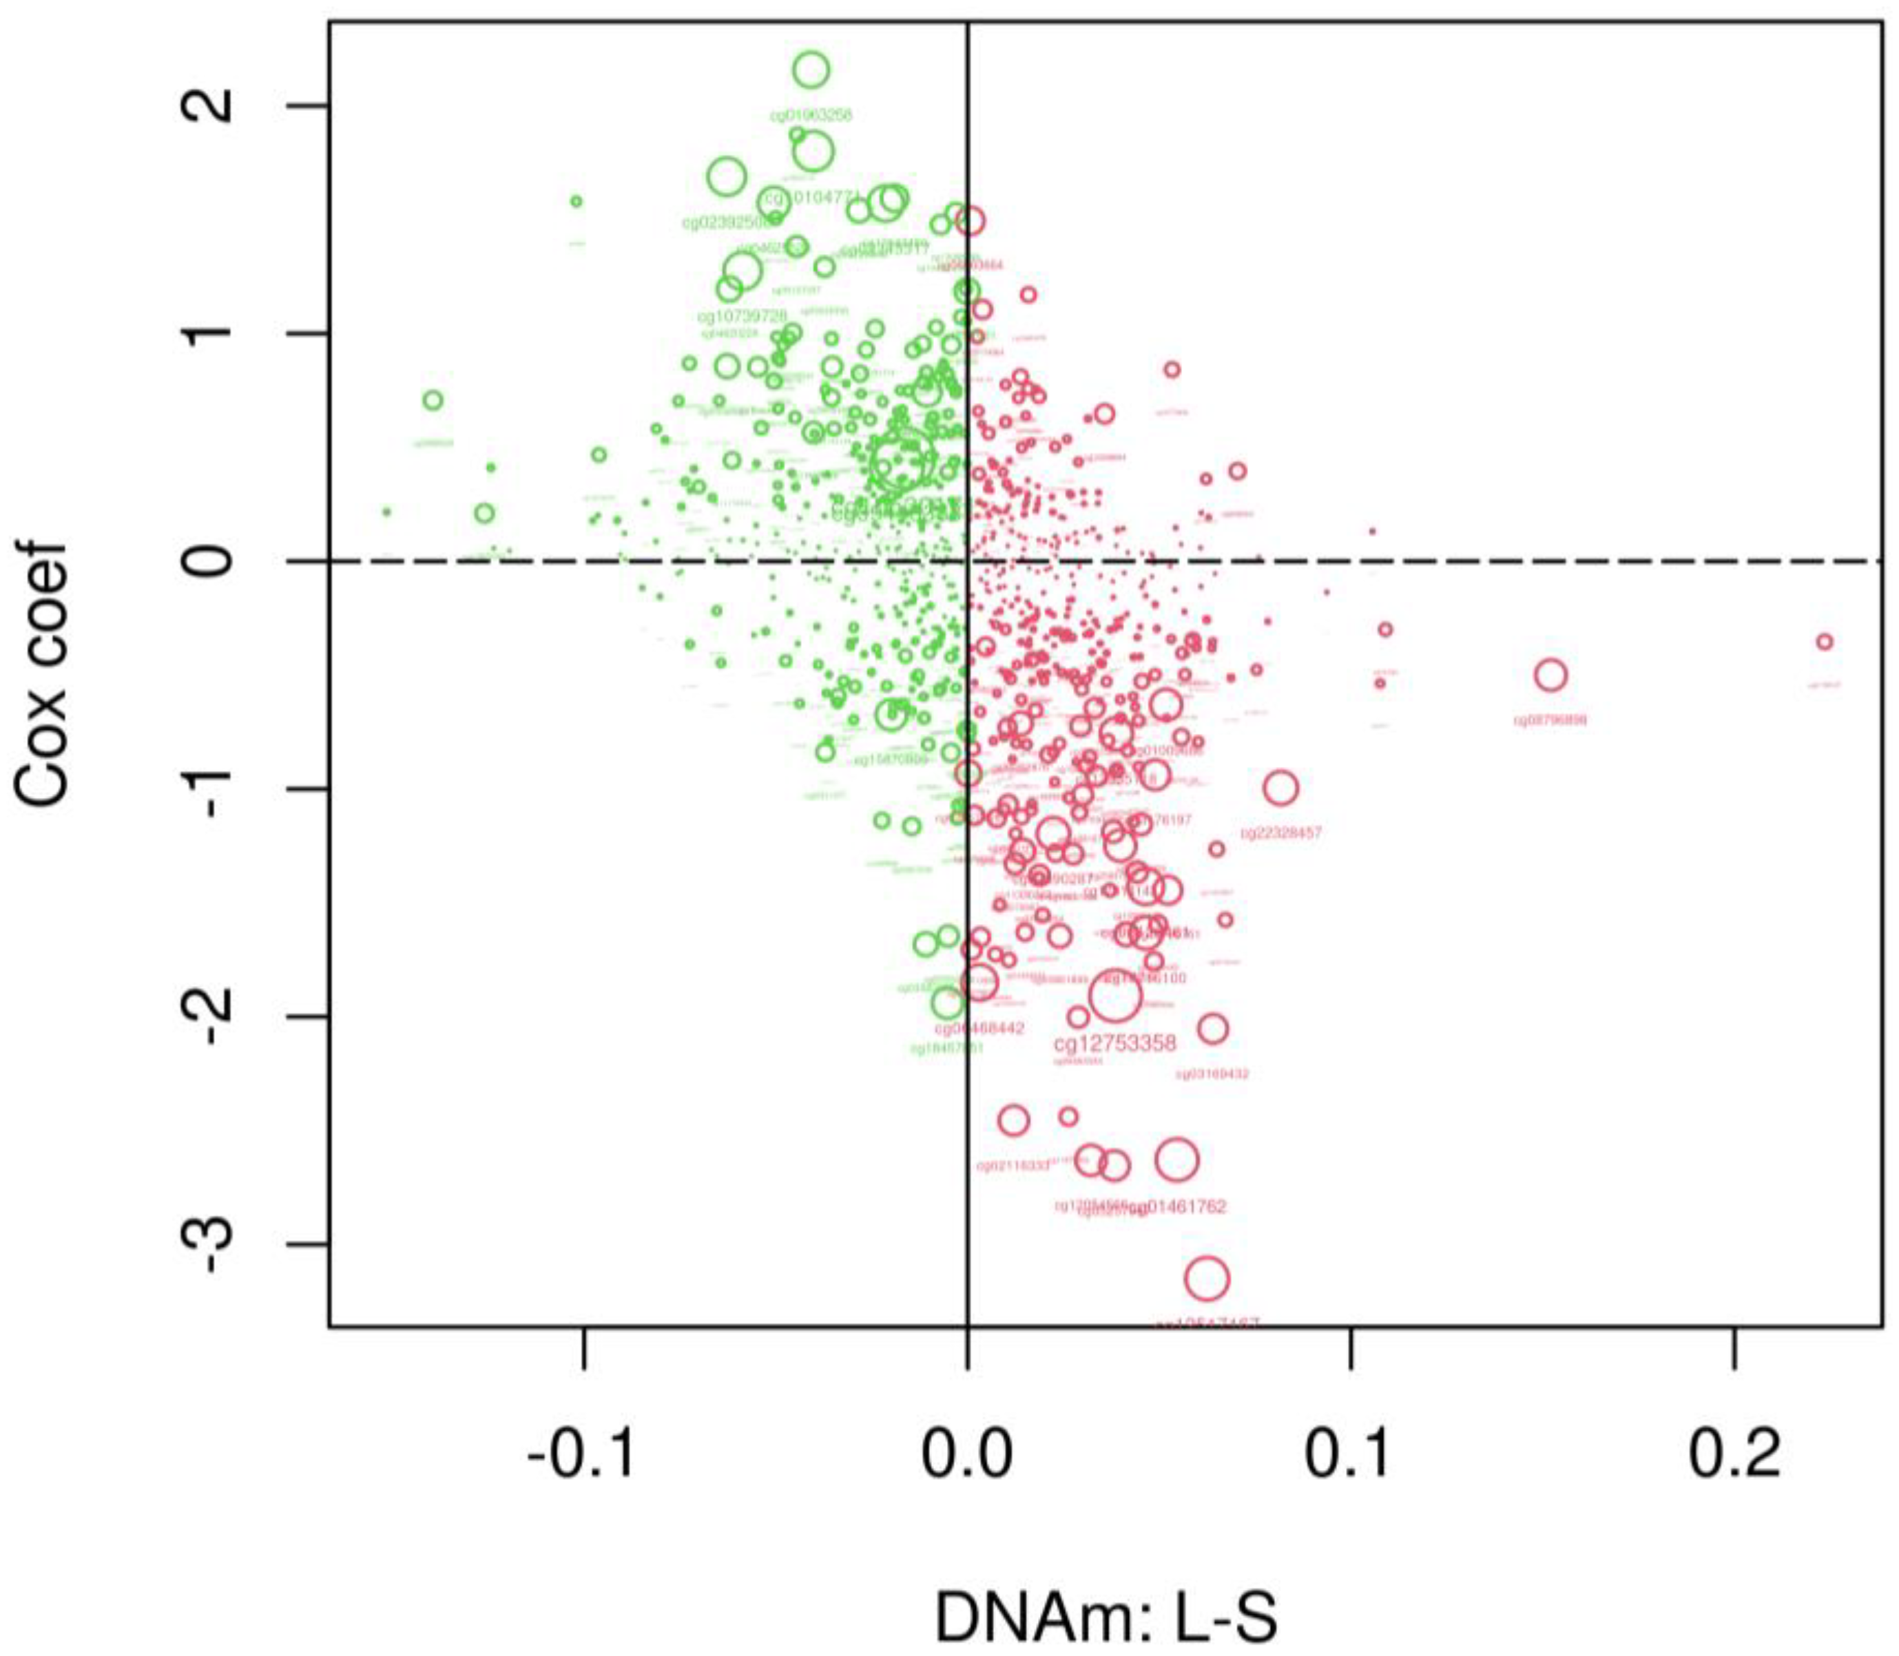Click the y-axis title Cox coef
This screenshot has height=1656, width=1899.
coord(41,675)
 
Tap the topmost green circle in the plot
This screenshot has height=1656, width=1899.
coord(812,70)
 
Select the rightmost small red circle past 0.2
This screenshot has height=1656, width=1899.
coord(1824,641)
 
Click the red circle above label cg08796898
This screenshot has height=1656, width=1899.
coord(1550,675)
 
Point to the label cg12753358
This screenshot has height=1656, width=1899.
coord(1115,1043)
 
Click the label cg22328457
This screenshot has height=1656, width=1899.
coord(1280,832)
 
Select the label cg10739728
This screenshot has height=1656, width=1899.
coord(743,316)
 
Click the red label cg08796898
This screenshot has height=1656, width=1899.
coord(1550,720)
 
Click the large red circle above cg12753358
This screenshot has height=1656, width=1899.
coord(1115,995)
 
